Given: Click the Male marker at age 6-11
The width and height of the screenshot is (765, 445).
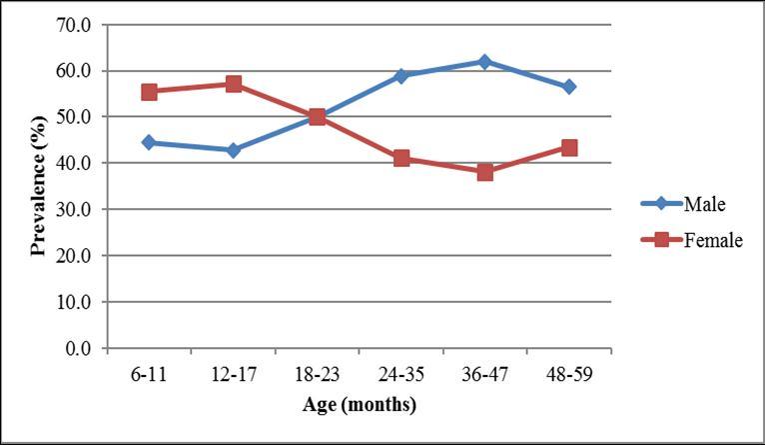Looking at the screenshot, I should [x=149, y=142].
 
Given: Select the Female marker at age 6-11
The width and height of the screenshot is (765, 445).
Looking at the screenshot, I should [x=149, y=91].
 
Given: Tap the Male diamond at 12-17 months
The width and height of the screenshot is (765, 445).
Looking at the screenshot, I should [x=233, y=150].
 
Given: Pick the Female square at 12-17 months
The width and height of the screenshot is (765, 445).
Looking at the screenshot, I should [x=233, y=84].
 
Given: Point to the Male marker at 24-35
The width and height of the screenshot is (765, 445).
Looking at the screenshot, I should [x=400, y=75].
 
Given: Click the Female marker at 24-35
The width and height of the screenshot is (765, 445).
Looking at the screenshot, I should [x=400, y=158].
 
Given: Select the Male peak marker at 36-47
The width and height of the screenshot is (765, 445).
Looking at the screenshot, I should [x=484, y=61].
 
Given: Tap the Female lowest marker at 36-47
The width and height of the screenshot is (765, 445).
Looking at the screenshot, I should [x=484, y=172].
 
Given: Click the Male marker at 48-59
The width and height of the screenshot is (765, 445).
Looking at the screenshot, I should [x=568, y=87].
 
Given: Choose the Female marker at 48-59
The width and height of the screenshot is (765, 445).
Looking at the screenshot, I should [x=568, y=147].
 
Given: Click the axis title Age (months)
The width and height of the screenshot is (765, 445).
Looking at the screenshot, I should [x=360, y=405].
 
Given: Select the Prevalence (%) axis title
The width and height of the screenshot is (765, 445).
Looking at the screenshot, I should [x=38, y=187].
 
